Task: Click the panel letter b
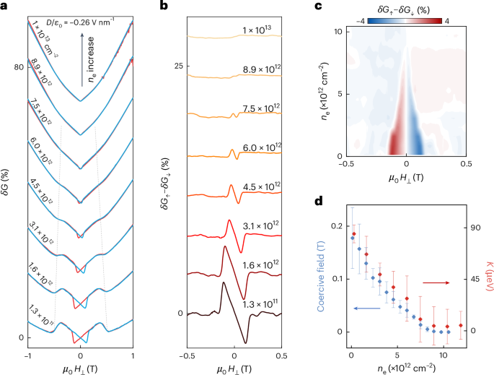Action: point(172,6)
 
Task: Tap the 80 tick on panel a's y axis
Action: point(18,68)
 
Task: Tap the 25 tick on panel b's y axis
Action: point(177,66)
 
